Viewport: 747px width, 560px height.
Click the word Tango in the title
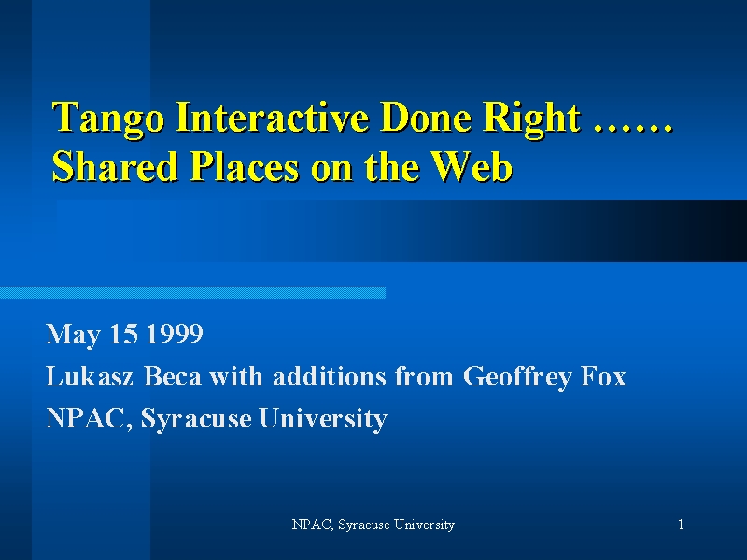click(107, 119)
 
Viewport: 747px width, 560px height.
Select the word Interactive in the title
click(272, 117)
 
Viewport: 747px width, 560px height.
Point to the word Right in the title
click(531, 119)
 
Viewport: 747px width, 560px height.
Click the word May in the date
click(73, 335)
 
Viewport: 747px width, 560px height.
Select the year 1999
click(175, 334)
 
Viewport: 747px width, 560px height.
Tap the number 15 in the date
click(123, 334)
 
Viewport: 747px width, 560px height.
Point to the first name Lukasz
click(89, 376)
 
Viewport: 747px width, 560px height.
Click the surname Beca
click(172, 376)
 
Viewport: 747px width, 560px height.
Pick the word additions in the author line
click(330, 376)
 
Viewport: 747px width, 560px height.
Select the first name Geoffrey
click(517, 377)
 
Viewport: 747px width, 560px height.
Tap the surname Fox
click(603, 376)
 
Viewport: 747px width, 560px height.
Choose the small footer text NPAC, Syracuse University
click(373, 525)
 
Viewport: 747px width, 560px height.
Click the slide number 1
click(681, 525)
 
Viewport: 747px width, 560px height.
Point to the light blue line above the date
click(192, 293)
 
